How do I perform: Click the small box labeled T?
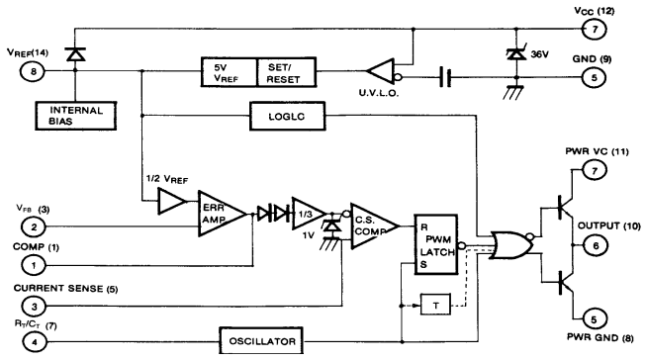(x=436, y=306)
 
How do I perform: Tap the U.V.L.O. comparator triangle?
(x=385, y=72)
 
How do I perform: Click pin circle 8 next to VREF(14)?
(x=37, y=71)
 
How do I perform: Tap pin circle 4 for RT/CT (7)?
(x=37, y=340)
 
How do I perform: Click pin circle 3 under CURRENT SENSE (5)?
(x=37, y=307)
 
